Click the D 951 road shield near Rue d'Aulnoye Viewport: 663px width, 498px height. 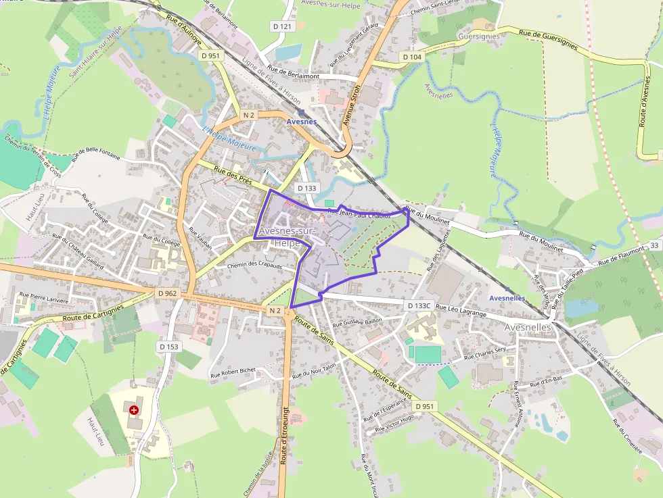[x=210, y=56]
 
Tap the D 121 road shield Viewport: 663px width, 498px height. [x=283, y=26]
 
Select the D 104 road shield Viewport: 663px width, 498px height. [x=412, y=57]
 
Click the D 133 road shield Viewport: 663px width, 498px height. [x=307, y=189]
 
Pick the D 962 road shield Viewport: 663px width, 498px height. [x=167, y=293]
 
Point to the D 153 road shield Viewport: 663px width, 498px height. [x=169, y=347]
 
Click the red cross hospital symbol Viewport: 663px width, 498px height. [x=134, y=409]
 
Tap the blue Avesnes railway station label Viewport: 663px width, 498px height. [x=302, y=122]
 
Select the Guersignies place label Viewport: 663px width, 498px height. [x=478, y=36]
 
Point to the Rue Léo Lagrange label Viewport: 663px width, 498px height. [x=461, y=310]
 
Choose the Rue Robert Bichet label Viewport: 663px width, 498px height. [x=233, y=370]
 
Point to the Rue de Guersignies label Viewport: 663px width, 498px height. [x=548, y=39]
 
